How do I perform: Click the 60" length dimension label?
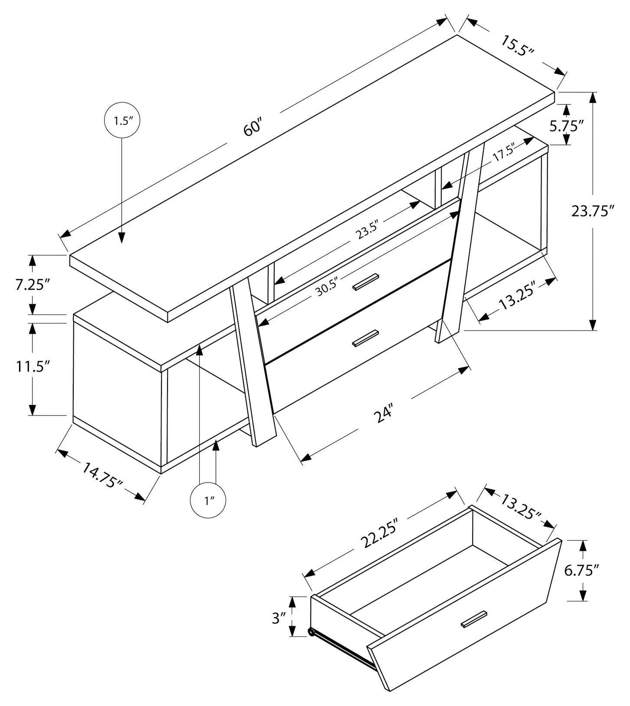[253, 127]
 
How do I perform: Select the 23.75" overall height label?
[593, 211]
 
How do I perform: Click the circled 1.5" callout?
[121, 121]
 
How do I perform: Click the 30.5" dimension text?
[326, 288]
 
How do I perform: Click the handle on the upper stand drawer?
[366, 281]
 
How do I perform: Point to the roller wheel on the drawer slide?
[311, 633]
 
